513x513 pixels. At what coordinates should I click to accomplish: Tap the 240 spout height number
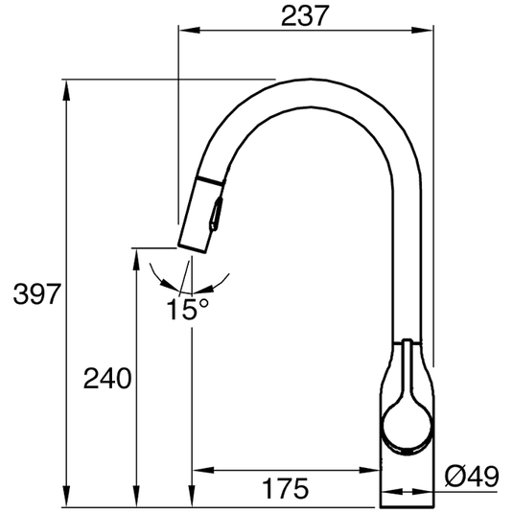pos(105,380)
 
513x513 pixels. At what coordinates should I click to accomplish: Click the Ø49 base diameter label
pos(473,476)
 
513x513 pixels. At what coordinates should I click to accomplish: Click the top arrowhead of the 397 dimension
pos(67,85)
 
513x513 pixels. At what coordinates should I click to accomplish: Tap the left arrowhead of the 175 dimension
pos(200,470)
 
